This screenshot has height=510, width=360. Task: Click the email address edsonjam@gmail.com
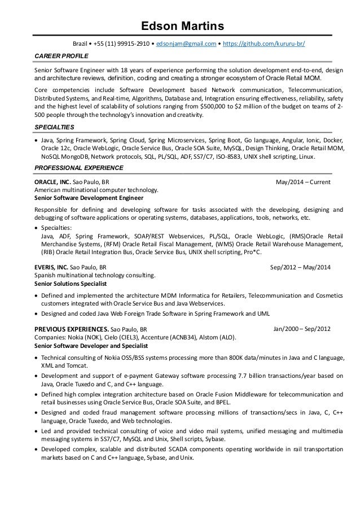186,43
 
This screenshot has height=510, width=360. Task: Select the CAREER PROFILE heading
58,56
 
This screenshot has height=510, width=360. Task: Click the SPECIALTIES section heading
54,128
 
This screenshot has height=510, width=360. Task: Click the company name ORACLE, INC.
52,182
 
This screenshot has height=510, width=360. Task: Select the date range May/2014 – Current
302,182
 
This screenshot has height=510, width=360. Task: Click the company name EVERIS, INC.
51,268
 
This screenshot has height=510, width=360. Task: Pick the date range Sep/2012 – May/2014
301,268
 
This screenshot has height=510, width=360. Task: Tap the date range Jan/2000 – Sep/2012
302,328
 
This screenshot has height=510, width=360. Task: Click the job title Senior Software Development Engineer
89,198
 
